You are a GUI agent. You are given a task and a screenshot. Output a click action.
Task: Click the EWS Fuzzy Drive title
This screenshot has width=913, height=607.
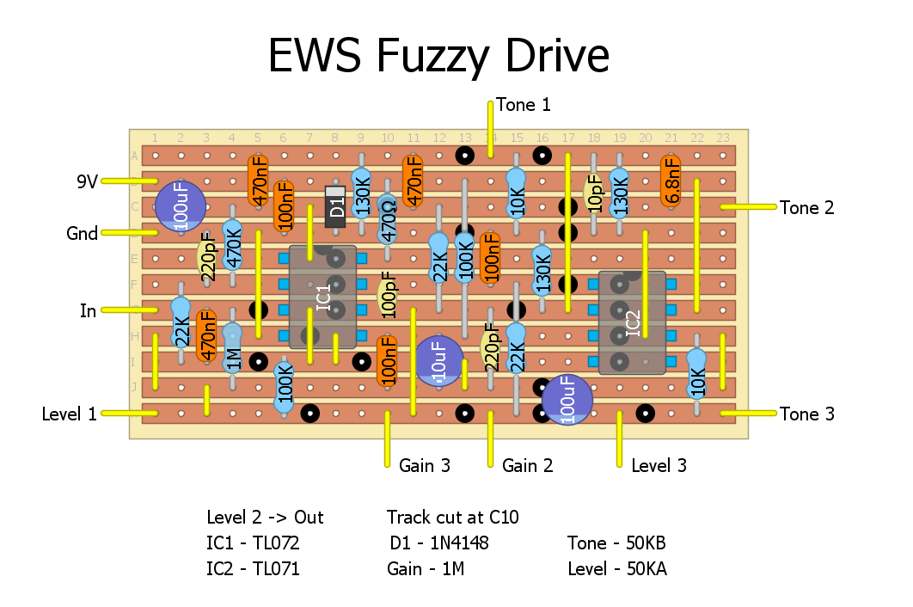(438, 57)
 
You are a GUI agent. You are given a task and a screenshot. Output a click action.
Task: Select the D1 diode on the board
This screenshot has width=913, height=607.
(335, 206)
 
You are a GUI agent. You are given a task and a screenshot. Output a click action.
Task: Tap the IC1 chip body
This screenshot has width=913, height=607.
(322, 297)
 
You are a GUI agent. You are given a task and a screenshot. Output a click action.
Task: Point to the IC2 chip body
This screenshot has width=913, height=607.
(632, 323)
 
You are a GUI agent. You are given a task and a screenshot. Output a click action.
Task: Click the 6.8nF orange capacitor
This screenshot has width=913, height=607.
(671, 181)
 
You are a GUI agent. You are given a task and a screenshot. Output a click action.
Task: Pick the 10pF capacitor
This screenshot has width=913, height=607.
(593, 194)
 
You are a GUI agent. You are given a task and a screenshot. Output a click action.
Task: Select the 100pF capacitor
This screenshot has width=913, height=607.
(387, 297)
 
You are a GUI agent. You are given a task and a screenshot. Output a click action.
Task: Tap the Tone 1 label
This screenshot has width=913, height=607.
(523, 105)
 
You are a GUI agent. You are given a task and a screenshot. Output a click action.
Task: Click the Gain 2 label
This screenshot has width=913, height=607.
(527, 466)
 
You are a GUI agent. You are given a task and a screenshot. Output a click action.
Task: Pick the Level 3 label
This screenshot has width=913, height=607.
(659, 466)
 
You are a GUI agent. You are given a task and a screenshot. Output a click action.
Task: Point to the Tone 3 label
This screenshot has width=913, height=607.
(806, 414)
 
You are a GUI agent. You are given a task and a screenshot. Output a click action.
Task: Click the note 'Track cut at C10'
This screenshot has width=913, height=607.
(452, 518)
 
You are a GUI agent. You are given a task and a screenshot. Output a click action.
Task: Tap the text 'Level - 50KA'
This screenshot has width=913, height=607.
(617, 569)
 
